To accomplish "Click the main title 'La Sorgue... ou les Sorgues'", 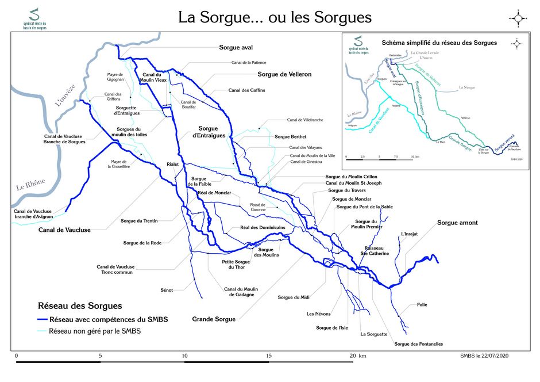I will click(275, 17).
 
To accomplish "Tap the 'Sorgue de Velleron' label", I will click(284, 74).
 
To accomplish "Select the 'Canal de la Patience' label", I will click(249, 62).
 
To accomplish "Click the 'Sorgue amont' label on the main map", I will click(457, 223).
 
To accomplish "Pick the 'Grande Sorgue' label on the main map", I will click(214, 319).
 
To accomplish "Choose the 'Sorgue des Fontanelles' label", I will click(419, 344).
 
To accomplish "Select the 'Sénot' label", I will click(167, 290).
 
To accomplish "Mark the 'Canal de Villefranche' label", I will click(305, 120).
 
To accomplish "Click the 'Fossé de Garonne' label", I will click(258, 208).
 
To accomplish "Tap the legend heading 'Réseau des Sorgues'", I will click(79, 306).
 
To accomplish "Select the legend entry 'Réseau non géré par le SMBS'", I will click(95, 331).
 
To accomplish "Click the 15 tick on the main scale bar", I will click(268, 356).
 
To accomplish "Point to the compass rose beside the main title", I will click(518, 18).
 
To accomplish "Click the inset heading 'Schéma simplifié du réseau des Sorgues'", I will click(439, 43).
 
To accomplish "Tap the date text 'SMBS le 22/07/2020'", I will click(484, 356).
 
